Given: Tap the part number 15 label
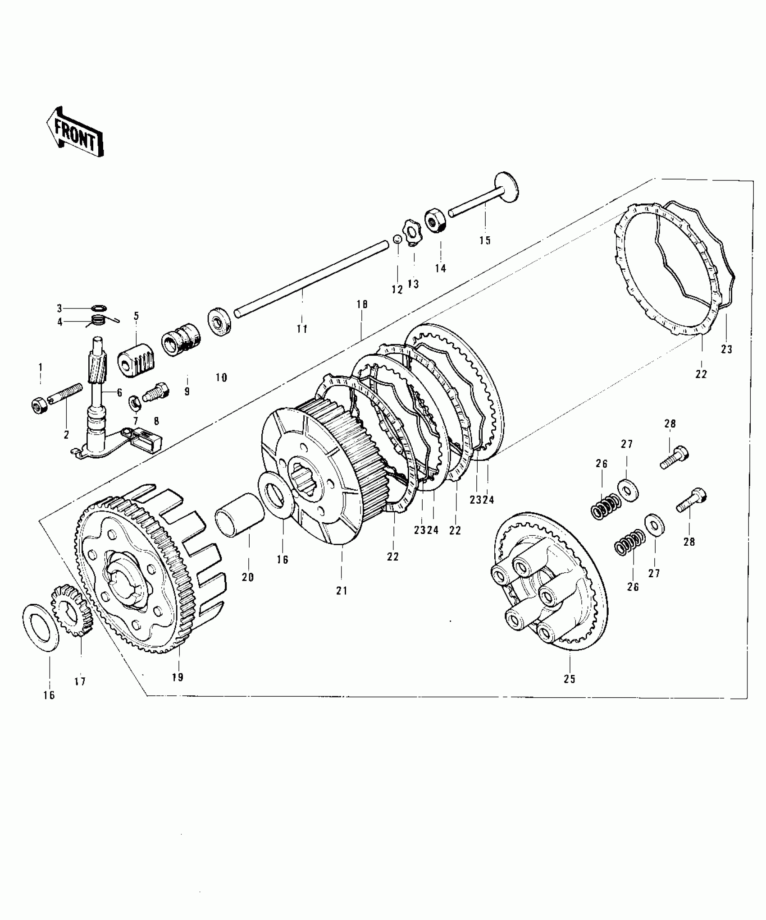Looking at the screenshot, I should coord(485,240).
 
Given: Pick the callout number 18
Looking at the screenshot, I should coord(362,304).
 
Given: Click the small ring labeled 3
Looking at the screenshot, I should coord(99,308).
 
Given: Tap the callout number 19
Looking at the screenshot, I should coord(178,690).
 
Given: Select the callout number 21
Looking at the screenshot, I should coord(342,590).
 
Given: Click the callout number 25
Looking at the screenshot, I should coord(570,691).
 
